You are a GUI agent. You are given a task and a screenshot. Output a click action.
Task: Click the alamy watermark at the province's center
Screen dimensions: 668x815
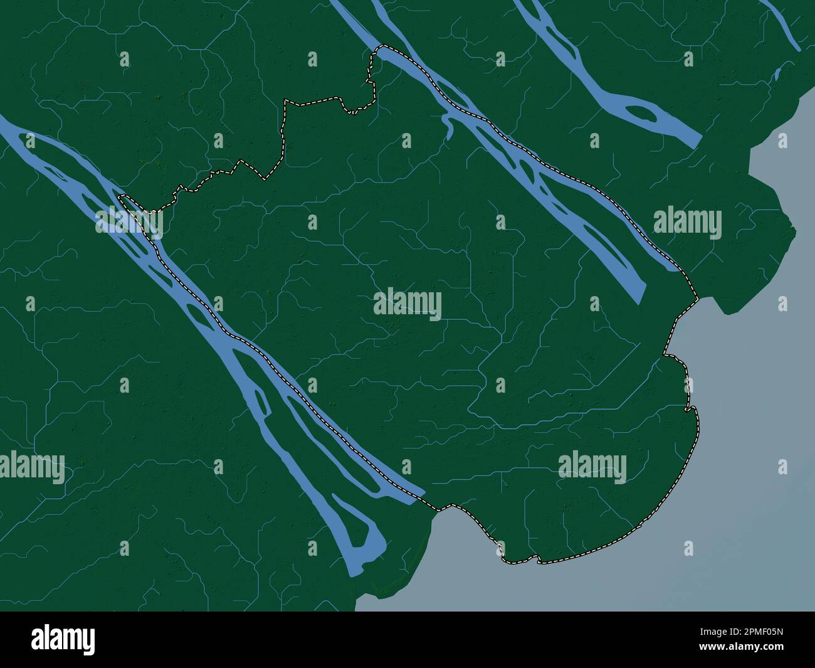[x=407, y=305]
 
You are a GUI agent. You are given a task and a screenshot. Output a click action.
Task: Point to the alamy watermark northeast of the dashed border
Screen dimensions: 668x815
[x=687, y=223]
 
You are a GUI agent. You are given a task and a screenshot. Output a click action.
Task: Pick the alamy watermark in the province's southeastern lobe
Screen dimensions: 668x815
[x=592, y=468]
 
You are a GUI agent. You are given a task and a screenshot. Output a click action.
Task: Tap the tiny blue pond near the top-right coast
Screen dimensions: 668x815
[x=777, y=75]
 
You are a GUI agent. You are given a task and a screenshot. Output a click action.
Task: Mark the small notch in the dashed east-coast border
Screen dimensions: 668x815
[x=690, y=410]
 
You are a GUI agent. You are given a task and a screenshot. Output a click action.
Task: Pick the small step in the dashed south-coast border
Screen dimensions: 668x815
[x=536, y=558]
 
